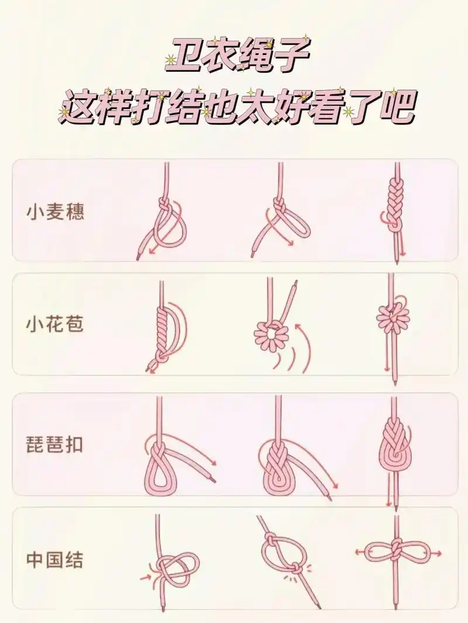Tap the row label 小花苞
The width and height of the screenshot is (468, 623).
click(x=55, y=323)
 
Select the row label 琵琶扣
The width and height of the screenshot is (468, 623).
click(x=55, y=444)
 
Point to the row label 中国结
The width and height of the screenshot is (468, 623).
click(x=55, y=560)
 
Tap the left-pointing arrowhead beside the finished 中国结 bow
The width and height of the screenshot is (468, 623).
click(x=357, y=552)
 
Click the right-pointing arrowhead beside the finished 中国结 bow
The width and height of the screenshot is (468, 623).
click(x=439, y=552)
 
